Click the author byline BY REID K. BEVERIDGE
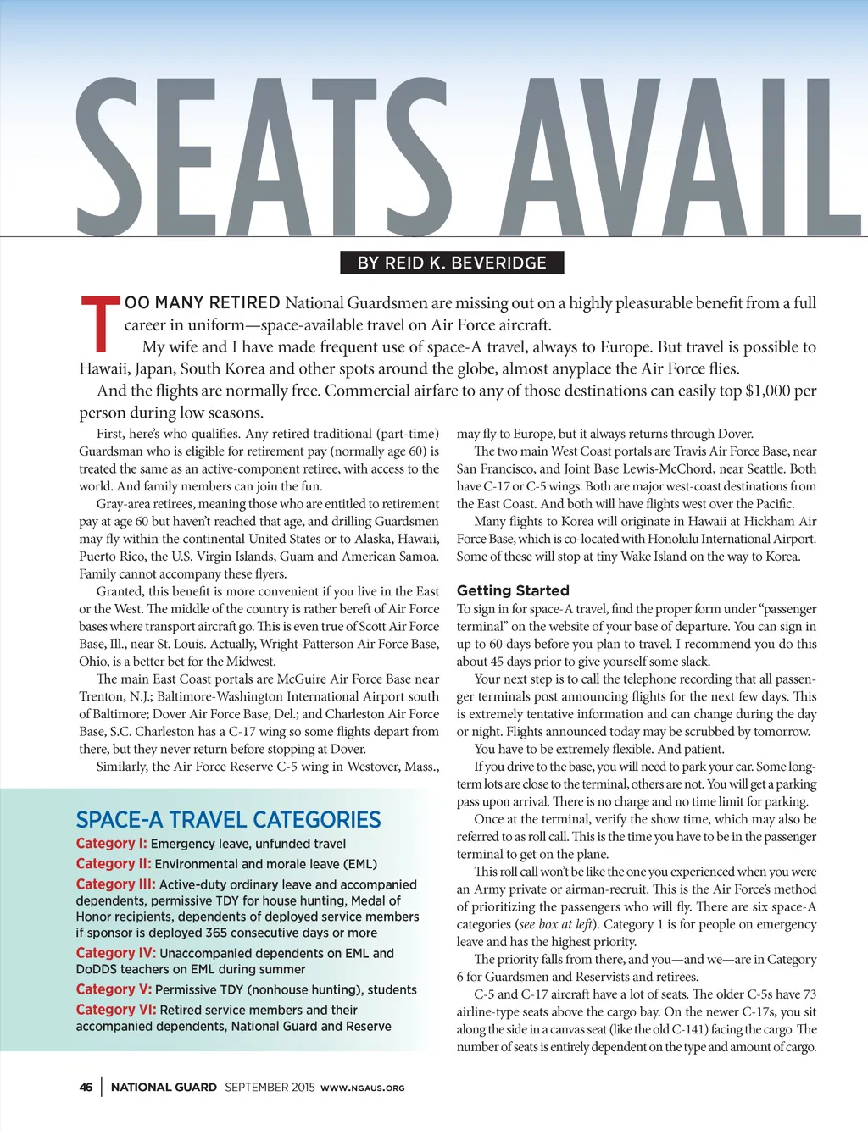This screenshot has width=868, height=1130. tap(452, 263)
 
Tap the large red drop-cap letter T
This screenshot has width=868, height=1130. tap(99, 324)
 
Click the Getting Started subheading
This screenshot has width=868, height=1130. tap(513, 590)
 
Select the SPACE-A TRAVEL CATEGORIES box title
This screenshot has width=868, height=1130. tap(228, 820)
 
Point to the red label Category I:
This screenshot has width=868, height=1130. tap(111, 844)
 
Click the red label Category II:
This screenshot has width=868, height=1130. tap(114, 864)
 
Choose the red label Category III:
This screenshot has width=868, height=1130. tap(115, 884)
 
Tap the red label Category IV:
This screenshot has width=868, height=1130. tap(116, 953)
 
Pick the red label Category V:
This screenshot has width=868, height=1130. tap(114, 989)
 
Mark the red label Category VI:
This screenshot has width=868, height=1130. tap(116, 1010)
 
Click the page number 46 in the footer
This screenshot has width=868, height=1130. tap(86, 1088)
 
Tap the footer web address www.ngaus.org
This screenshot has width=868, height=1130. tap(363, 1088)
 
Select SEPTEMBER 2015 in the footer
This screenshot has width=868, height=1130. tap(270, 1088)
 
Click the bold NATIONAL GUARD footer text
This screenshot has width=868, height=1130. tap(164, 1088)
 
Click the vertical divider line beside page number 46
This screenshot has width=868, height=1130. tap(102, 1088)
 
